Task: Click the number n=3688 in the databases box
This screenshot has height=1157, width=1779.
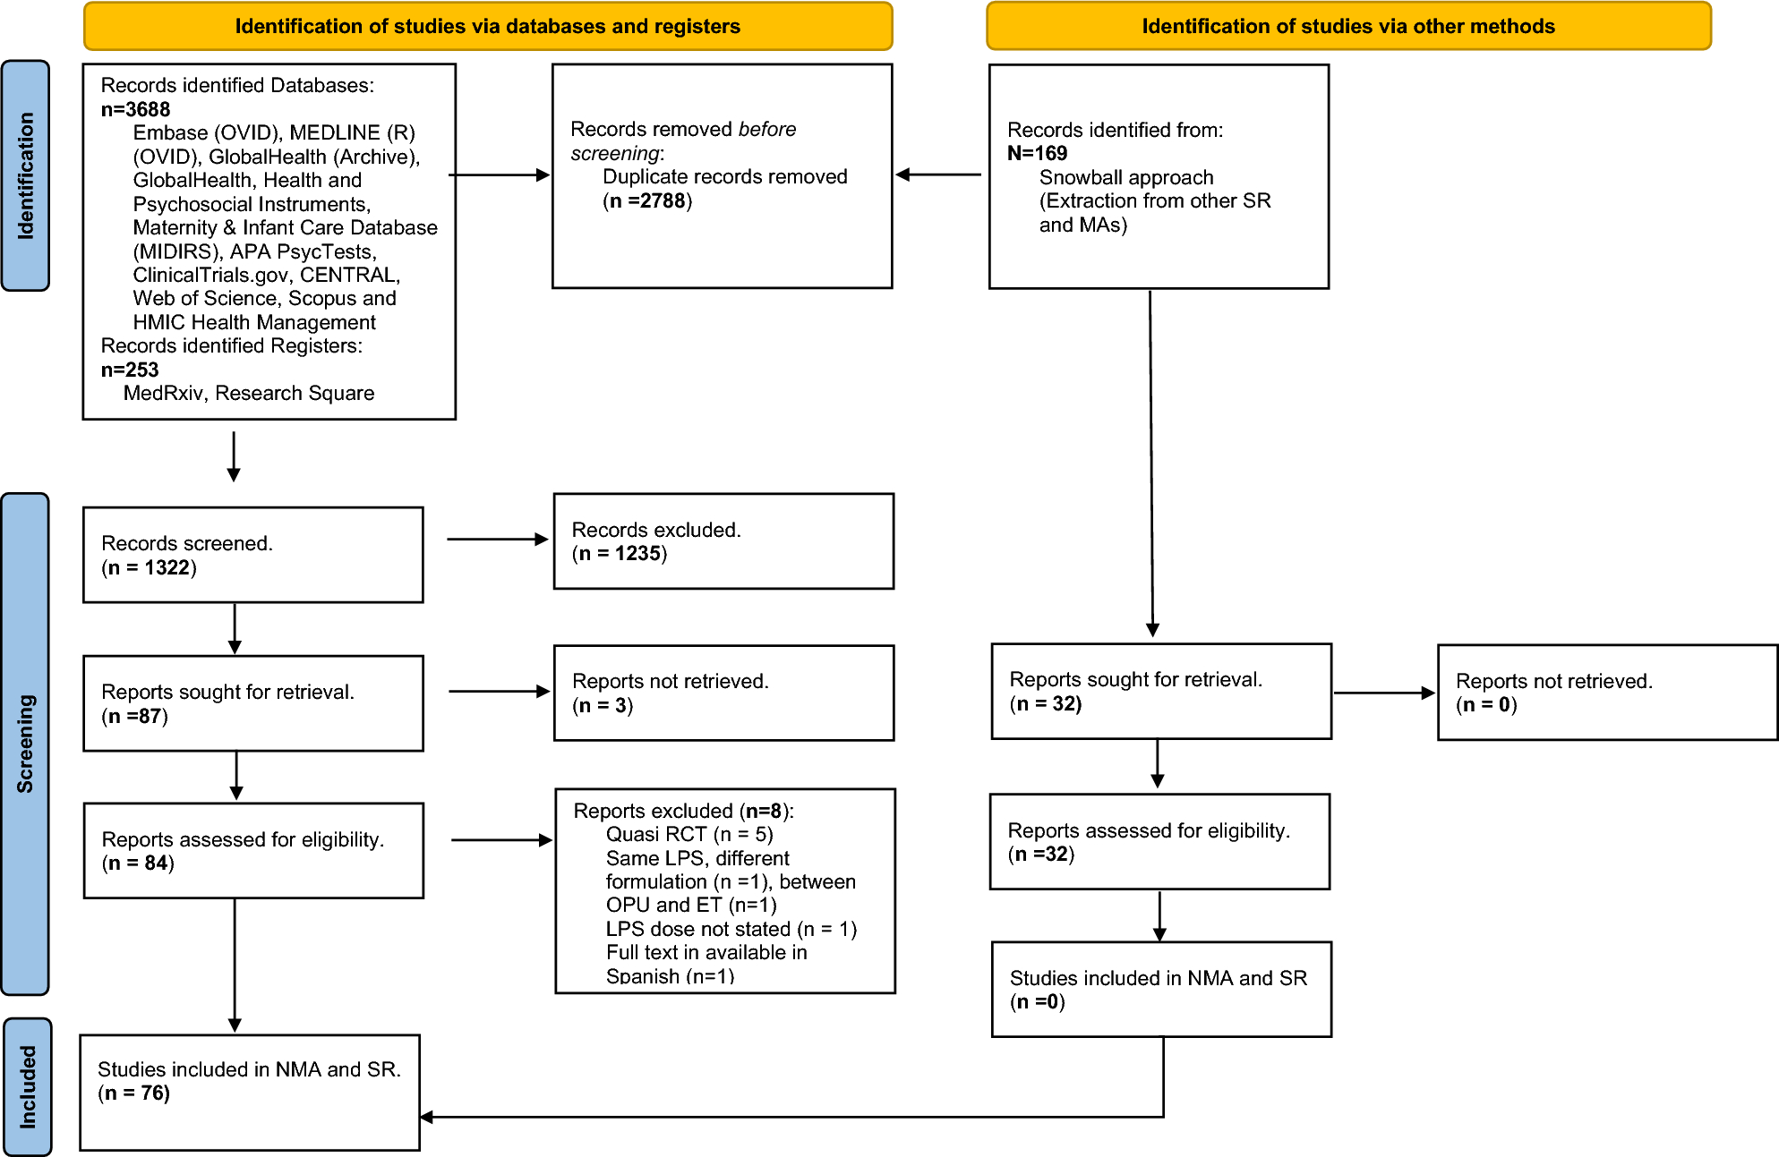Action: coord(135,109)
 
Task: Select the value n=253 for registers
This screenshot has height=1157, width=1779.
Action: coord(130,370)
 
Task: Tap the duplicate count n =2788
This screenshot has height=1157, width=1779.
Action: coord(647,200)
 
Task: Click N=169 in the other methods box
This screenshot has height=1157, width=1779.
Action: coord(1037,153)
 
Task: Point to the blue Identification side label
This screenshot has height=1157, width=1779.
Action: coord(25,175)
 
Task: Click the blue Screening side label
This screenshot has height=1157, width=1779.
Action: coord(25,743)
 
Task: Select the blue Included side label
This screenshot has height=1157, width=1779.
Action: coord(27,1086)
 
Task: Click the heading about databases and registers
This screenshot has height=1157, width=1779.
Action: coord(487,26)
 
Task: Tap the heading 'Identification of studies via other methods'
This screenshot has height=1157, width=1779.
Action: coord(1347,26)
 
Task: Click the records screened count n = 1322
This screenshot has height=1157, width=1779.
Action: coord(149,567)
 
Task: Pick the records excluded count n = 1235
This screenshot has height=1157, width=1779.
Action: coord(620,553)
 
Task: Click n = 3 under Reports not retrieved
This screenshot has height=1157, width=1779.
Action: coord(603,705)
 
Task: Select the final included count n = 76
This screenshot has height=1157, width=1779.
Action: coord(133,1093)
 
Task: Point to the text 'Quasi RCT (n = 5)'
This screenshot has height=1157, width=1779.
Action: coord(689,834)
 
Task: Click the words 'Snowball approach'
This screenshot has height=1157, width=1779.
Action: coord(1125,177)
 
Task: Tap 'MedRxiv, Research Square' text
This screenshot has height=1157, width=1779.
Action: coord(249,393)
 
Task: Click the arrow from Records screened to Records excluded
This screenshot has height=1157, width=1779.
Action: coord(497,539)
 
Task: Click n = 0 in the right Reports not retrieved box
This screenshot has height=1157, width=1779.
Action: coord(1486,704)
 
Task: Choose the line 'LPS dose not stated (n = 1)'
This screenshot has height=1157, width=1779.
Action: coord(731,929)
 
